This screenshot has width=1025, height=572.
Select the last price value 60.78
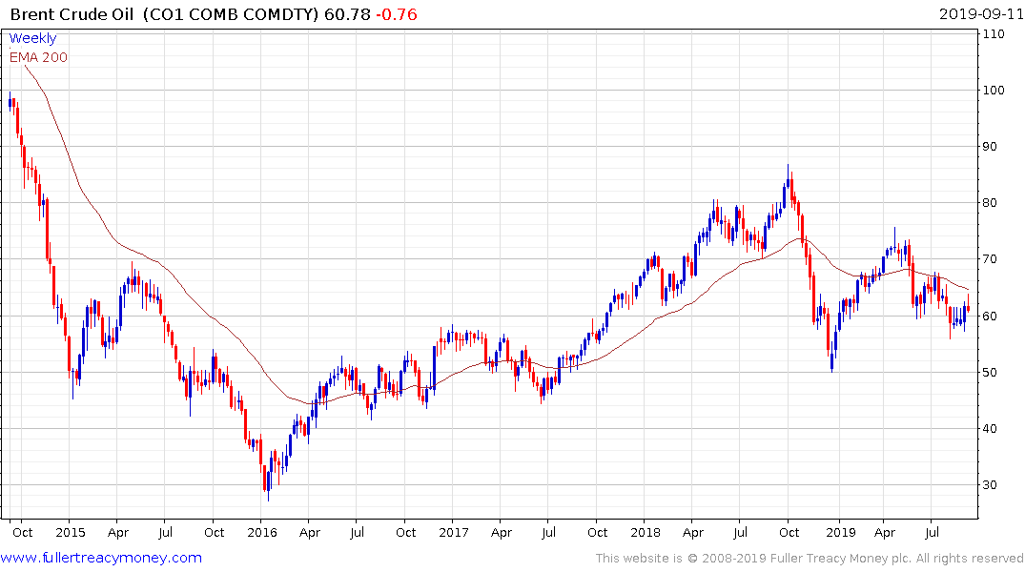coord(348,14)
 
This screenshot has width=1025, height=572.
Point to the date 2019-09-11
coord(978,14)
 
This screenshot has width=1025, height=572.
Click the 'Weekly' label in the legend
coord(32,39)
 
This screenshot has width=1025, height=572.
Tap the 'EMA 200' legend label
coord(38,57)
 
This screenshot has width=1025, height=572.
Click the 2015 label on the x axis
coord(70,531)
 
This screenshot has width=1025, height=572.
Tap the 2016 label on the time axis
coord(262,531)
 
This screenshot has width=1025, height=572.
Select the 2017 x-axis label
coord(454,531)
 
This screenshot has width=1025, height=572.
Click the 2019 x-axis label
coord(839,531)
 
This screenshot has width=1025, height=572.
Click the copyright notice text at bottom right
coord(810,559)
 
